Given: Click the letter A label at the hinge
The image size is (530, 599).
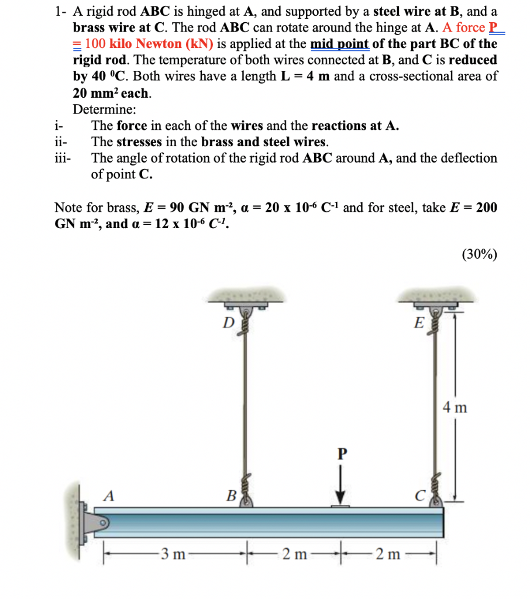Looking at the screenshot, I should [108, 495].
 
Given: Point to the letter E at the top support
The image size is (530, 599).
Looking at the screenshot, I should [418, 323].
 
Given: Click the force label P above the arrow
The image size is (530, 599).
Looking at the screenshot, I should [342, 453].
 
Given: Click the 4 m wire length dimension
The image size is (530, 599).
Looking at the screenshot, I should [454, 407].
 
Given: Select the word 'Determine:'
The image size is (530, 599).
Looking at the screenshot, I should [105, 109].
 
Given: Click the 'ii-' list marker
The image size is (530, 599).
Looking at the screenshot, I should [60, 142].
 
